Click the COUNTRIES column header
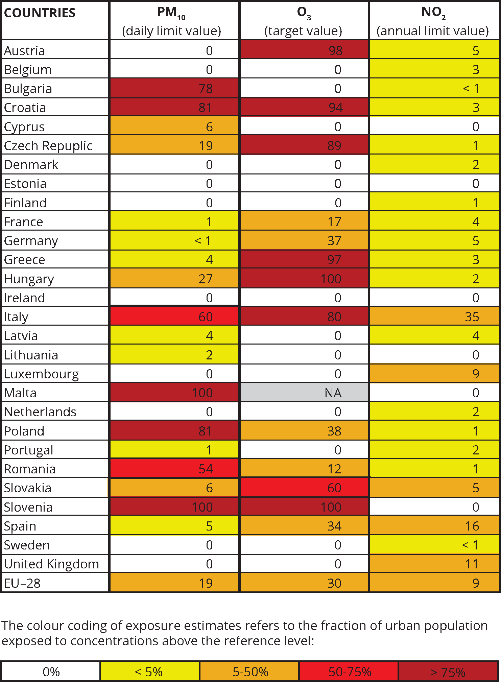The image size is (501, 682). (x=40, y=13)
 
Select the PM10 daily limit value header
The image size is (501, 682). (x=171, y=21)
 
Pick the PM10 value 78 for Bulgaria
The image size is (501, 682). (x=174, y=89)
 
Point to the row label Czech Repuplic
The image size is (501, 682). (x=48, y=146)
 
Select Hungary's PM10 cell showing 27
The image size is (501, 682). (x=174, y=279)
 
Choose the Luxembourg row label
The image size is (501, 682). (x=41, y=374)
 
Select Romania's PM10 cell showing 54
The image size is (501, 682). (x=174, y=469)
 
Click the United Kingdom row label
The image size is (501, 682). (x=51, y=564)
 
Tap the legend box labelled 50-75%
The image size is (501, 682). (x=350, y=672)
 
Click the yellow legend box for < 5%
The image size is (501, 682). (x=149, y=672)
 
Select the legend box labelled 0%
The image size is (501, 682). (x=51, y=672)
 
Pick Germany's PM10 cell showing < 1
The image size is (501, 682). (x=174, y=241)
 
